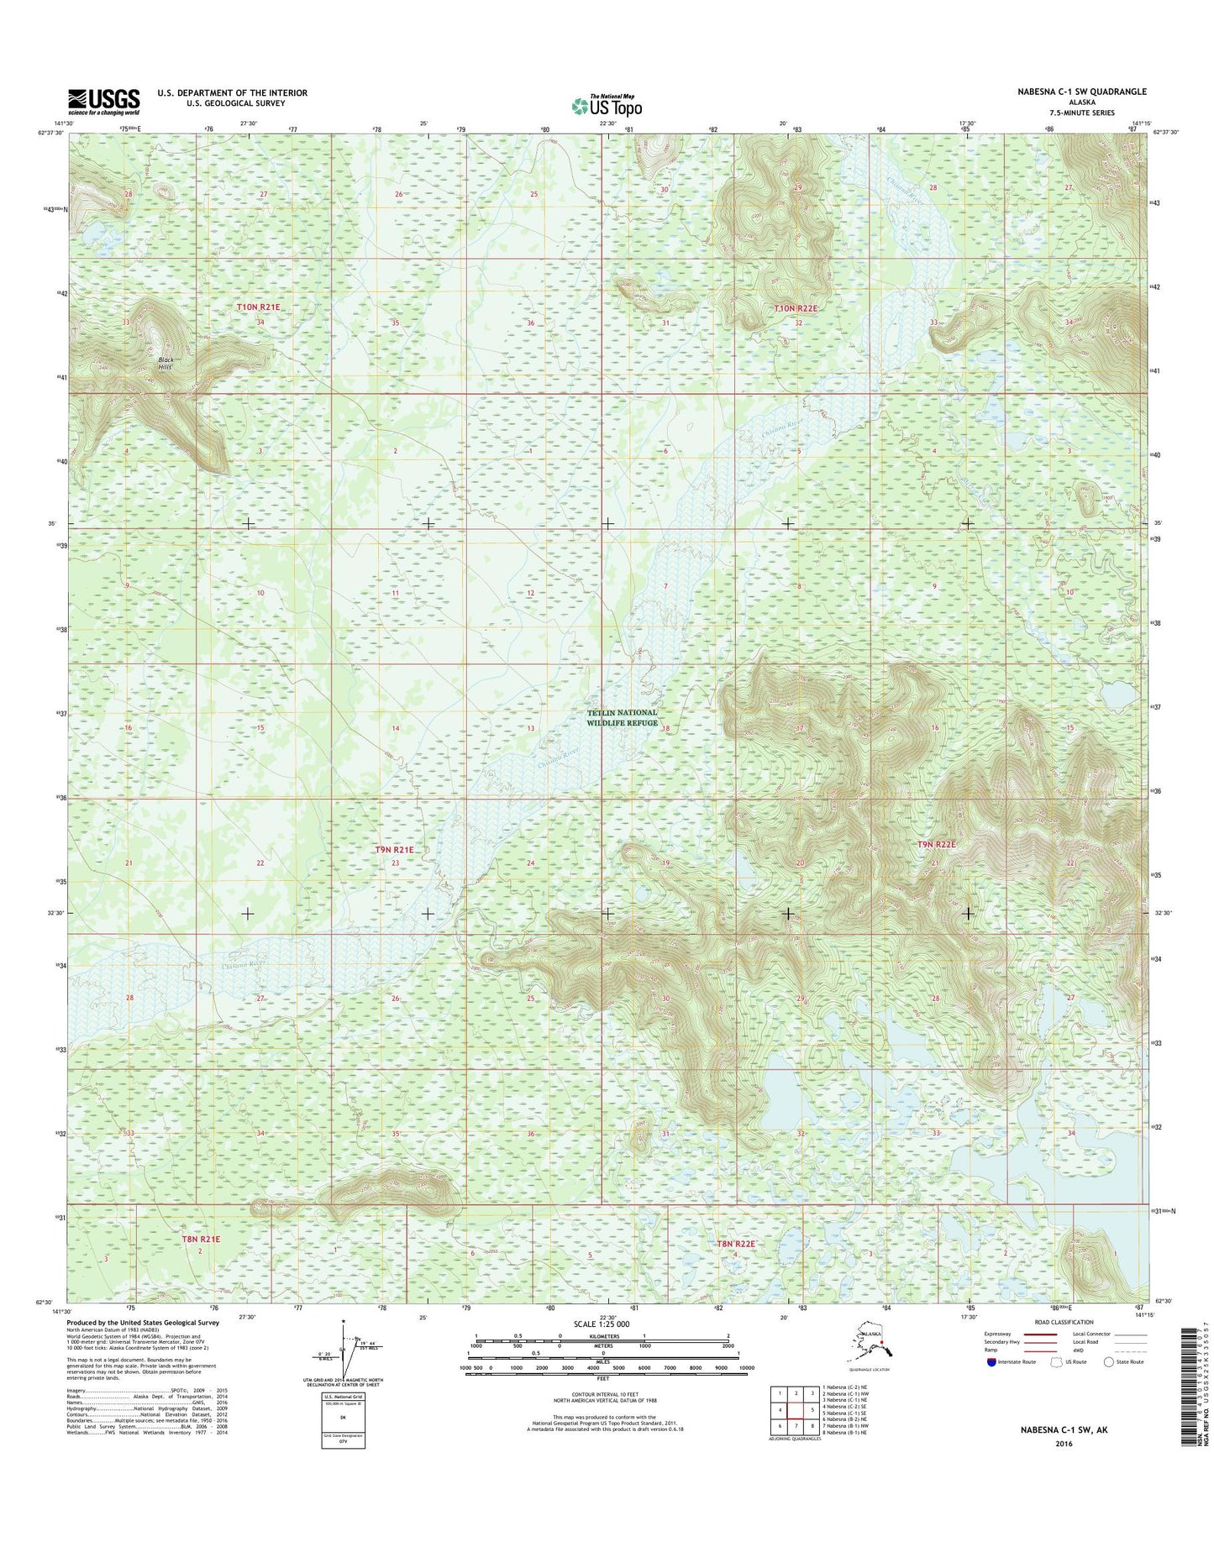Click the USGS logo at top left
[x=103, y=101]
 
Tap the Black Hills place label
[x=166, y=364]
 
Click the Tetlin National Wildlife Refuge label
[x=622, y=717]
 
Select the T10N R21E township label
[x=258, y=307]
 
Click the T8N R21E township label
[x=201, y=1239]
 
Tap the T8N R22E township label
[x=736, y=1243]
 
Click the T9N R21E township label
[x=394, y=850]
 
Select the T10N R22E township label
[x=795, y=308]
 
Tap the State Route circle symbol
[x=1109, y=1362]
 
